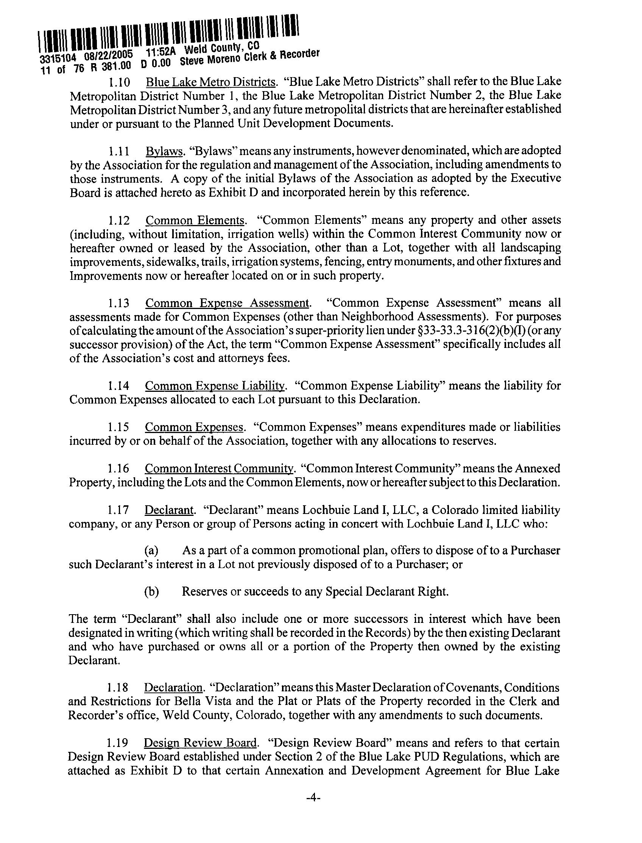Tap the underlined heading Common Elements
(x=195, y=220)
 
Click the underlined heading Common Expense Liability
(x=215, y=386)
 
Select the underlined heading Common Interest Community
(x=219, y=469)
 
